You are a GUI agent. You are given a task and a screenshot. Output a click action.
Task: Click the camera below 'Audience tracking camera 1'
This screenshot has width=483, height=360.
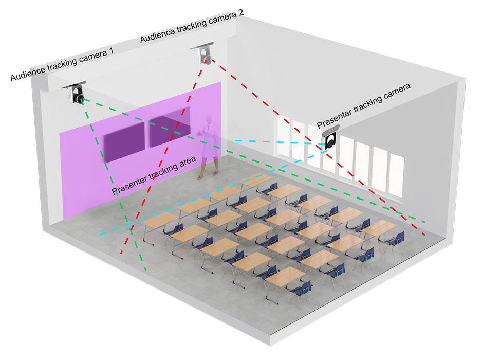76,94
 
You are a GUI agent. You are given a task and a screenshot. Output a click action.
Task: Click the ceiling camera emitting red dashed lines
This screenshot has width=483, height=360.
203,53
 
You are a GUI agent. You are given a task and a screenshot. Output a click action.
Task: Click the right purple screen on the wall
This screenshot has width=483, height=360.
169,125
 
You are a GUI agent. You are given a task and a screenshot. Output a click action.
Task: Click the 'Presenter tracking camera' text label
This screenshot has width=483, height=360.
363,106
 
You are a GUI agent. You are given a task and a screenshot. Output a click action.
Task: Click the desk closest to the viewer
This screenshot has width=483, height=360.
285,278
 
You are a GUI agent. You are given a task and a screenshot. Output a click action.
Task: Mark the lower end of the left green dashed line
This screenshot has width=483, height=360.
146,271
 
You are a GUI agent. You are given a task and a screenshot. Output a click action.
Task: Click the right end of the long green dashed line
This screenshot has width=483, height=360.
425,222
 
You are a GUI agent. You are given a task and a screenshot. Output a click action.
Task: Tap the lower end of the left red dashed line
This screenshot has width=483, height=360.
121,254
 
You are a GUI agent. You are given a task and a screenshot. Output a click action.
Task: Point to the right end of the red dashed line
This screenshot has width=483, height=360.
425,235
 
